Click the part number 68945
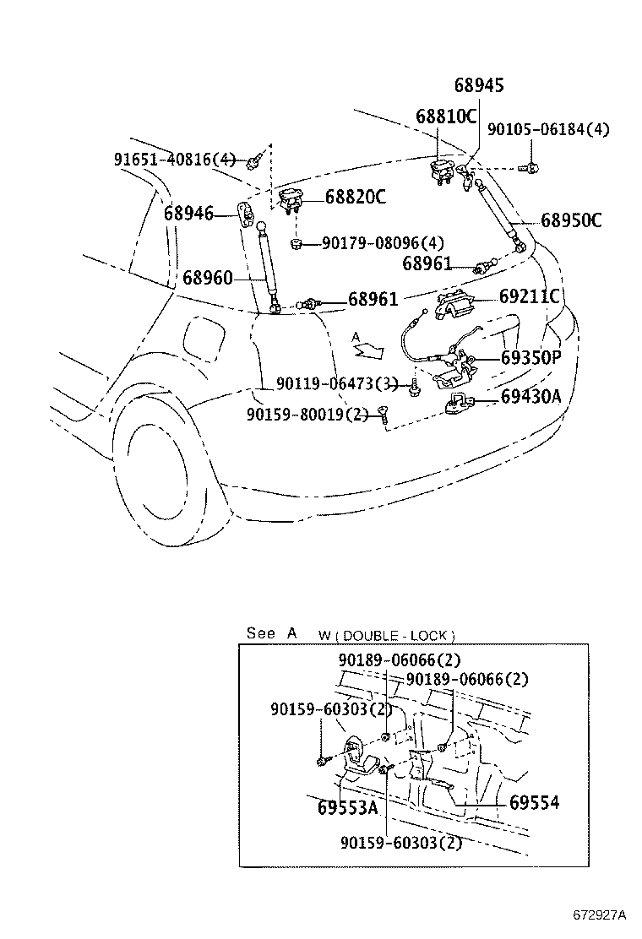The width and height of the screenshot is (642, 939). point(479,85)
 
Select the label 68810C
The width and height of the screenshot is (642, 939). point(446,116)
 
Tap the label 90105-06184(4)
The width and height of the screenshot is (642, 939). point(548,130)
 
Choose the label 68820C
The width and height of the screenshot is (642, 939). point(356,198)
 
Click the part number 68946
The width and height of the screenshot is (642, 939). point(188,214)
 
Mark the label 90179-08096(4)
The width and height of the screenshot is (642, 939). point(383,243)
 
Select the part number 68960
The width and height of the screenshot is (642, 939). point(207,277)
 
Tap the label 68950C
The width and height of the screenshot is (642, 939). point(571,221)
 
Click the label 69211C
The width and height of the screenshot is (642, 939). point(530,296)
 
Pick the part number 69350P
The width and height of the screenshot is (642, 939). point(530,357)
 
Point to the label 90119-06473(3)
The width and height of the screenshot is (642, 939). point(336,384)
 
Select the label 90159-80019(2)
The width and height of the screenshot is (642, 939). point(307,415)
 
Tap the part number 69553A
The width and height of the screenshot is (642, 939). point(347,807)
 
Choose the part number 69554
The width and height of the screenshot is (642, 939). point(534,803)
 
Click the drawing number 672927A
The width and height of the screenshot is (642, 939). point(596,915)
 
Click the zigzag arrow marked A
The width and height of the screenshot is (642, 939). point(368,345)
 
